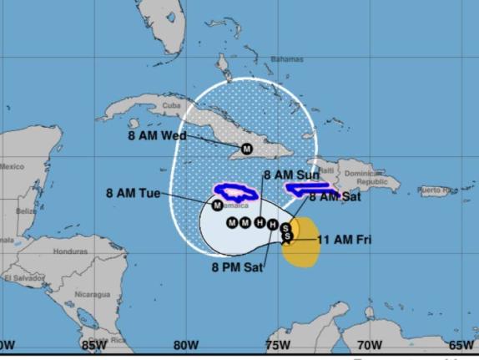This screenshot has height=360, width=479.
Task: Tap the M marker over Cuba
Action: [246, 149]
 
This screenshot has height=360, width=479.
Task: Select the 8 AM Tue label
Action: [133, 193]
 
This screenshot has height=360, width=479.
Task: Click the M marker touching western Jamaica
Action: [217, 205]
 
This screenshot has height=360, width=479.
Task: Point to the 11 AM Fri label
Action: [345, 240]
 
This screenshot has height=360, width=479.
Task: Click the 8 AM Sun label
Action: [291, 175]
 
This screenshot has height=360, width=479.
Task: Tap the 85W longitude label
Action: [94, 344]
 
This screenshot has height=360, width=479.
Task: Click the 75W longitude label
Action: [278, 344]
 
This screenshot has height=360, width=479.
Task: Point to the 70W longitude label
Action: [370, 344]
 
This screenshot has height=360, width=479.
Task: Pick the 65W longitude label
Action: [461, 344]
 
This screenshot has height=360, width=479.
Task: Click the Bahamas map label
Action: [286, 59]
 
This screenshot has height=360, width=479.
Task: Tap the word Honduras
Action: [70, 251]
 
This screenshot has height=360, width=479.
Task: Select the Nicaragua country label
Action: [92, 294]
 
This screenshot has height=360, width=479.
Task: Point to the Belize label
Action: [27, 210]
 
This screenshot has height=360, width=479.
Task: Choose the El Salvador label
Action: [23, 277]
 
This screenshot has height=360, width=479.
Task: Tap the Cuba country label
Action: [171, 106]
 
